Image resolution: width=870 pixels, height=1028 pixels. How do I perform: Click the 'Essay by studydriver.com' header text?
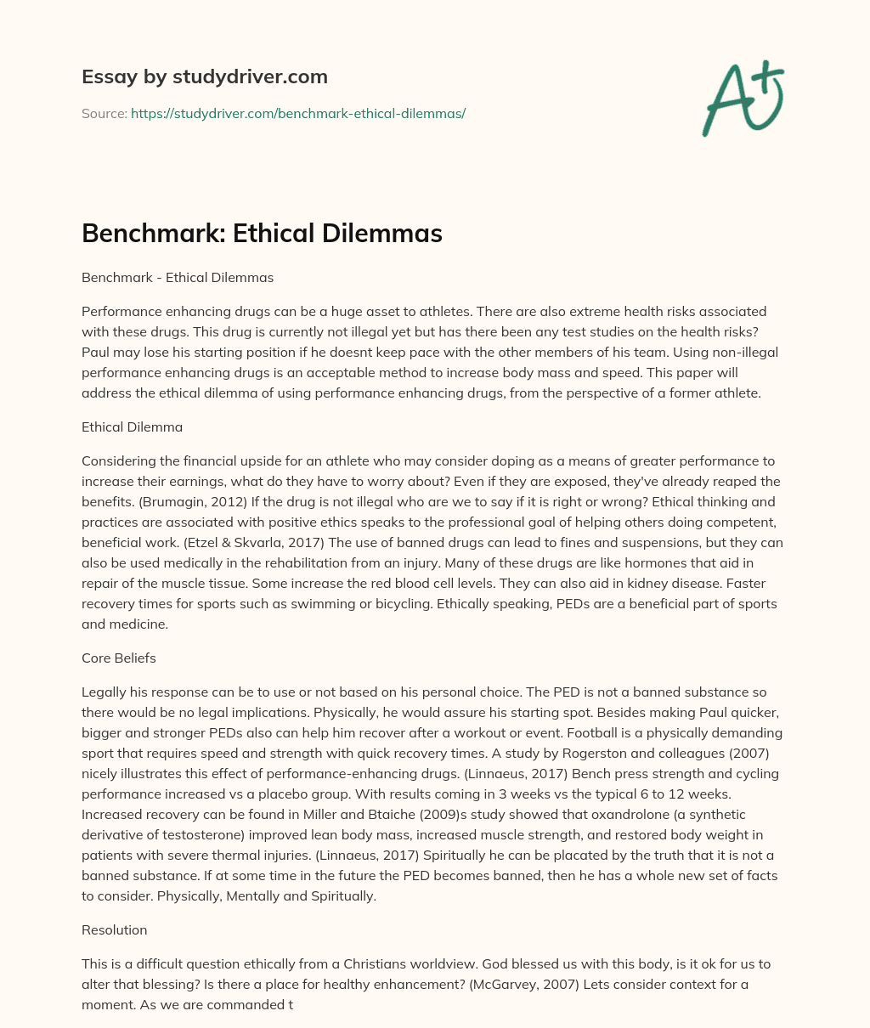tap(204, 76)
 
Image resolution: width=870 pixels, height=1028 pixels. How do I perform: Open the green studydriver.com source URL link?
tap(297, 113)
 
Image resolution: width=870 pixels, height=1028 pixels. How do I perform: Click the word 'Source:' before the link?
tap(104, 113)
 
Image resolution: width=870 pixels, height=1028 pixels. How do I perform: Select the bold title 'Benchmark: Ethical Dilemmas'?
tap(262, 233)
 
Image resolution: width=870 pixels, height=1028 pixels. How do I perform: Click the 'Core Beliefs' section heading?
tap(118, 658)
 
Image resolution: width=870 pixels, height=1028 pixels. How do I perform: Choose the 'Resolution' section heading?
tap(114, 929)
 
